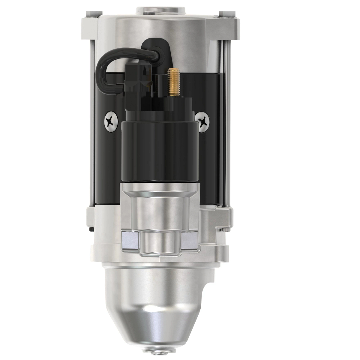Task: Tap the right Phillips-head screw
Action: tap(203, 121)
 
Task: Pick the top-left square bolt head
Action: tap(89, 13)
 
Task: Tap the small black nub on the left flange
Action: tap(91, 229)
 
